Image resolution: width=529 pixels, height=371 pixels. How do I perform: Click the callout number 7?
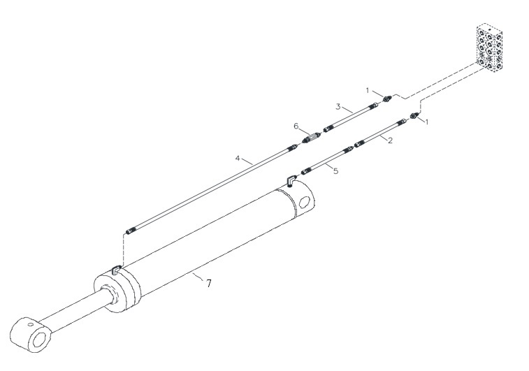209,284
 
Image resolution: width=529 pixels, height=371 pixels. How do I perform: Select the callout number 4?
238,158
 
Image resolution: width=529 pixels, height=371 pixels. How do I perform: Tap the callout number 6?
296,126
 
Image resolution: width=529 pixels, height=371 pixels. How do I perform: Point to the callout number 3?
338,107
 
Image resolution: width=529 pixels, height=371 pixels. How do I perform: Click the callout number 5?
335,171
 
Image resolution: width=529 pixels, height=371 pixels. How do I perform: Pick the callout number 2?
390,140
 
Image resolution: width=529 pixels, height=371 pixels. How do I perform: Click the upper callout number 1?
368,90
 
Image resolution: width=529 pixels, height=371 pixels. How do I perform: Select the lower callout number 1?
427,122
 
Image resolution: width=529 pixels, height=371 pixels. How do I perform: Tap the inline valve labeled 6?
311,138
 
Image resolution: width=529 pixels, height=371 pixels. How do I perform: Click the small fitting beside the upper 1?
386,99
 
